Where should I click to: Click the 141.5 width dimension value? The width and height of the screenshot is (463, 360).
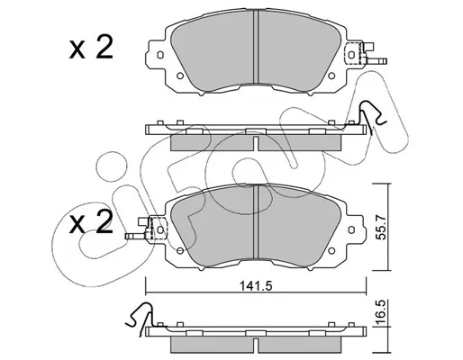pos(256,286)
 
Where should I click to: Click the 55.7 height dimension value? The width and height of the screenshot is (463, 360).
pos(381,227)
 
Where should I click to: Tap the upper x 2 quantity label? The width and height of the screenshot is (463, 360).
pos(91,47)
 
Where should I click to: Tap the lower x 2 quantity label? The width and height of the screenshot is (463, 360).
pos(91,222)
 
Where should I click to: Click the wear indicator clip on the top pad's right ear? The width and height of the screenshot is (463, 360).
pos(366,54)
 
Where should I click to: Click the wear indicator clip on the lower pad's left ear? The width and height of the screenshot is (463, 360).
pos(146,229)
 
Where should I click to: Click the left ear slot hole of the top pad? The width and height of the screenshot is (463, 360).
pos(160,55)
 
